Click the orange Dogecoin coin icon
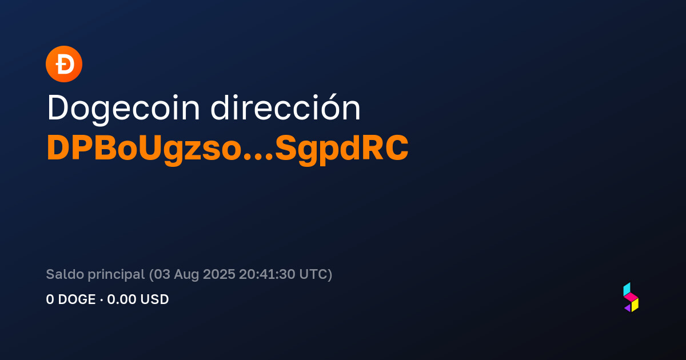(x=64, y=64)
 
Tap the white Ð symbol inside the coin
(x=65, y=64)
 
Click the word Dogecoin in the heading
(x=123, y=109)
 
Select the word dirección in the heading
(x=285, y=108)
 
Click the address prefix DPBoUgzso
(x=144, y=149)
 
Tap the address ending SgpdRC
(x=342, y=149)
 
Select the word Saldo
(x=65, y=274)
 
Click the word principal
(x=117, y=275)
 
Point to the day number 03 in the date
(x=162, y=274)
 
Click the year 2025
(x=219, y=274)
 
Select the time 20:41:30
(x=267, y=274)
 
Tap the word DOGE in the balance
(x=77, y=299)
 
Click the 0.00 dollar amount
(x=121, y=299)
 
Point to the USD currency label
(x=155, y=299)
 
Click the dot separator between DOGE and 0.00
(x=101, y=299)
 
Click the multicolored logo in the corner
(x=631, y=297)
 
